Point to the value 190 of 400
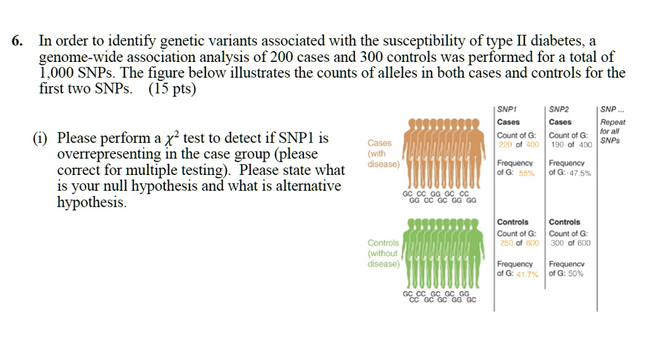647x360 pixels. [571, 145]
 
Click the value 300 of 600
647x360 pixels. [571, 243]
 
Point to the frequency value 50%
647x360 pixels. [574, 273]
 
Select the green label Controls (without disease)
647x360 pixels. [383, 253]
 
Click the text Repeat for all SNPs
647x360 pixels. [612, 131]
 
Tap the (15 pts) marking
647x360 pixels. [172, 89]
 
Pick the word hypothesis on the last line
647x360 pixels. [91, 203]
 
